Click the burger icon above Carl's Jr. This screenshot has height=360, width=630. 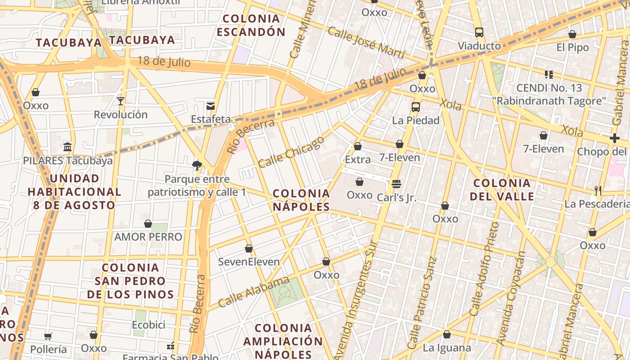pyautogui.click(x=396, y=184)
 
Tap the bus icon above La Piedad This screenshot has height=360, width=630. pyautogui.click(x=415, y=107)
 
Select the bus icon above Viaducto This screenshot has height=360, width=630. pyautogui.click(x=479, y=32)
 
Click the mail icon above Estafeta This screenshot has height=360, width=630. pyautogui.click(x=210, y=106)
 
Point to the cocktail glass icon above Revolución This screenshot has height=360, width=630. pyautogui.click(x=121, y=101)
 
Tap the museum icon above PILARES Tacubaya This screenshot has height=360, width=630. pyautogui.click(x=67, y=147)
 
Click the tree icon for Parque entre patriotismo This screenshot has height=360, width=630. pyautogui.click(x=197, y=165)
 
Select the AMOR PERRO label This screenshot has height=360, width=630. pyautogui.click(x=148, y=237)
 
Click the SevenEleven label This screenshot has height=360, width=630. pyautogui.click(x=249, y=261)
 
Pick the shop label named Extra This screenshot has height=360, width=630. pyautogui.click(x=358, y=159)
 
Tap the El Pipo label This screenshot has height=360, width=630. pyautogui.click(x=572, y=47)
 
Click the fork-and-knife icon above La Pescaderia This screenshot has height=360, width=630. pyautogui.click(x=598, y=191)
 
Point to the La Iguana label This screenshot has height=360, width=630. pyautogui.click(x=446, y=348)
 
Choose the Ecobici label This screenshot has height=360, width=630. pyautogui.click(x=148, y=324)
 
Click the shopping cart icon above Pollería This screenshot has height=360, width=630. pyautogui.click(x=48, y=336)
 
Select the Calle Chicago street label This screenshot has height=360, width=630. pyautogui.click(x=291, y=152)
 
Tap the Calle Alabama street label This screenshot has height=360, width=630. pyautogui.click(x=254, y=292)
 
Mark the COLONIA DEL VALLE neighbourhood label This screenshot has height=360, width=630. pyautogui.click(x=502, y=189)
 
